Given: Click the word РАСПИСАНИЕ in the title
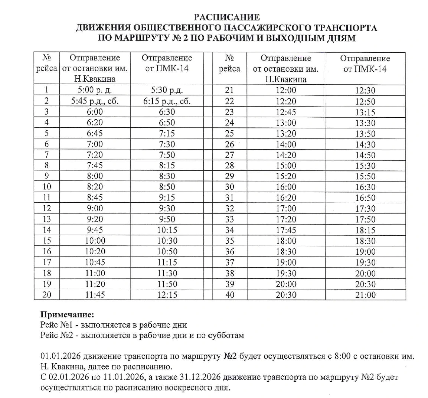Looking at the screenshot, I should [226, 17].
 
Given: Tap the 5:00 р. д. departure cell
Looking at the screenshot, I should [95, 90].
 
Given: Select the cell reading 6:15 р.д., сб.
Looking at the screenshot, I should [167, 101].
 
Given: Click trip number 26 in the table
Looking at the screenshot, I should [229, 144].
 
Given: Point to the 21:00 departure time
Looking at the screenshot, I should [365, 295].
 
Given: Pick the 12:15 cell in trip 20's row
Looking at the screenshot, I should [167, 295].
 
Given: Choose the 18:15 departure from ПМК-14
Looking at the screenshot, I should [365, 230].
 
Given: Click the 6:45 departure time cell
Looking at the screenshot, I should [95, 133].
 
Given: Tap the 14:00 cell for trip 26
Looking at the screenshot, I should [286, 144].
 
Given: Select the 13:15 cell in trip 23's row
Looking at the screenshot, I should [365, 112].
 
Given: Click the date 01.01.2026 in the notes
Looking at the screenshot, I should [61, 356].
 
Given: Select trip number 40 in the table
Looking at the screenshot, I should [229, 295].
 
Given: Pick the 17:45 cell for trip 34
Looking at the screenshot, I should [286, 230].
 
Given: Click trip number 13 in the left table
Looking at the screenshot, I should [47, 219].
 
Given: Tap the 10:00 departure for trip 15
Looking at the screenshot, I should [95, 241].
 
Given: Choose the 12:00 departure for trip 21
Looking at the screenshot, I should [286, 90].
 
